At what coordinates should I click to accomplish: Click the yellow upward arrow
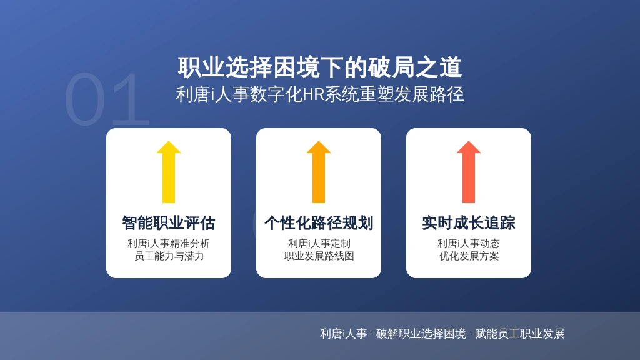pyautogui.click(x=169, y=172)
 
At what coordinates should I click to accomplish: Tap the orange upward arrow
pyautogui.click(x=319, y=172)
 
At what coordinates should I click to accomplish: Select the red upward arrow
pyautogui.click(x=469, y=172)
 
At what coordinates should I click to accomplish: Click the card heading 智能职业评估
pyautogui.click(x=169, y=223)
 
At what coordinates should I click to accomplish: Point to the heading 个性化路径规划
pyautogui.click(x=319, y=223)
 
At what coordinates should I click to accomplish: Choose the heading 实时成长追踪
pyautogui.click(x=469, y=223)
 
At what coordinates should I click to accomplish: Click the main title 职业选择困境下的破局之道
pyautogui.click(x=319, y=67)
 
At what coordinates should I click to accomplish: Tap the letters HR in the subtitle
pyautogui.click(x=314, y=95)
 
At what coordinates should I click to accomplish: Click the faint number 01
pyautogui.click(x=107, y=99)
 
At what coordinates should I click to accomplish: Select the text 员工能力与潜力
pyautogui.click(x=169, y=256)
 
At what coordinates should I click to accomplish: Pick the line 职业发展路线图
pyautogui.click(x=319, y=256)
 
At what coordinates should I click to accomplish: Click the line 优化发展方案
pyautogui.click(x=469, y=256)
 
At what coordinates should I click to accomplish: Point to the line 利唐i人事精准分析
pyautogui.click(x=169, y=244)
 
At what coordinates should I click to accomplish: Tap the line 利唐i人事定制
pyautogui.click(x=319, y=244)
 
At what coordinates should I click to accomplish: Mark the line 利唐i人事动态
pyautogui.click(x=469, y=244)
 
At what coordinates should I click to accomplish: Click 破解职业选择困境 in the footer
pyautogui.click(x=421, y=334)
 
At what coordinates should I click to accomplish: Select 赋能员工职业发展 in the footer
pyautogui.click(x=519, y=334)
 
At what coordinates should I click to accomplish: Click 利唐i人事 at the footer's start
pyautogui.click(x=343, y=334)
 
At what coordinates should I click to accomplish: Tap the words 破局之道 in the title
pyautogui.click(x=415, y=67)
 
